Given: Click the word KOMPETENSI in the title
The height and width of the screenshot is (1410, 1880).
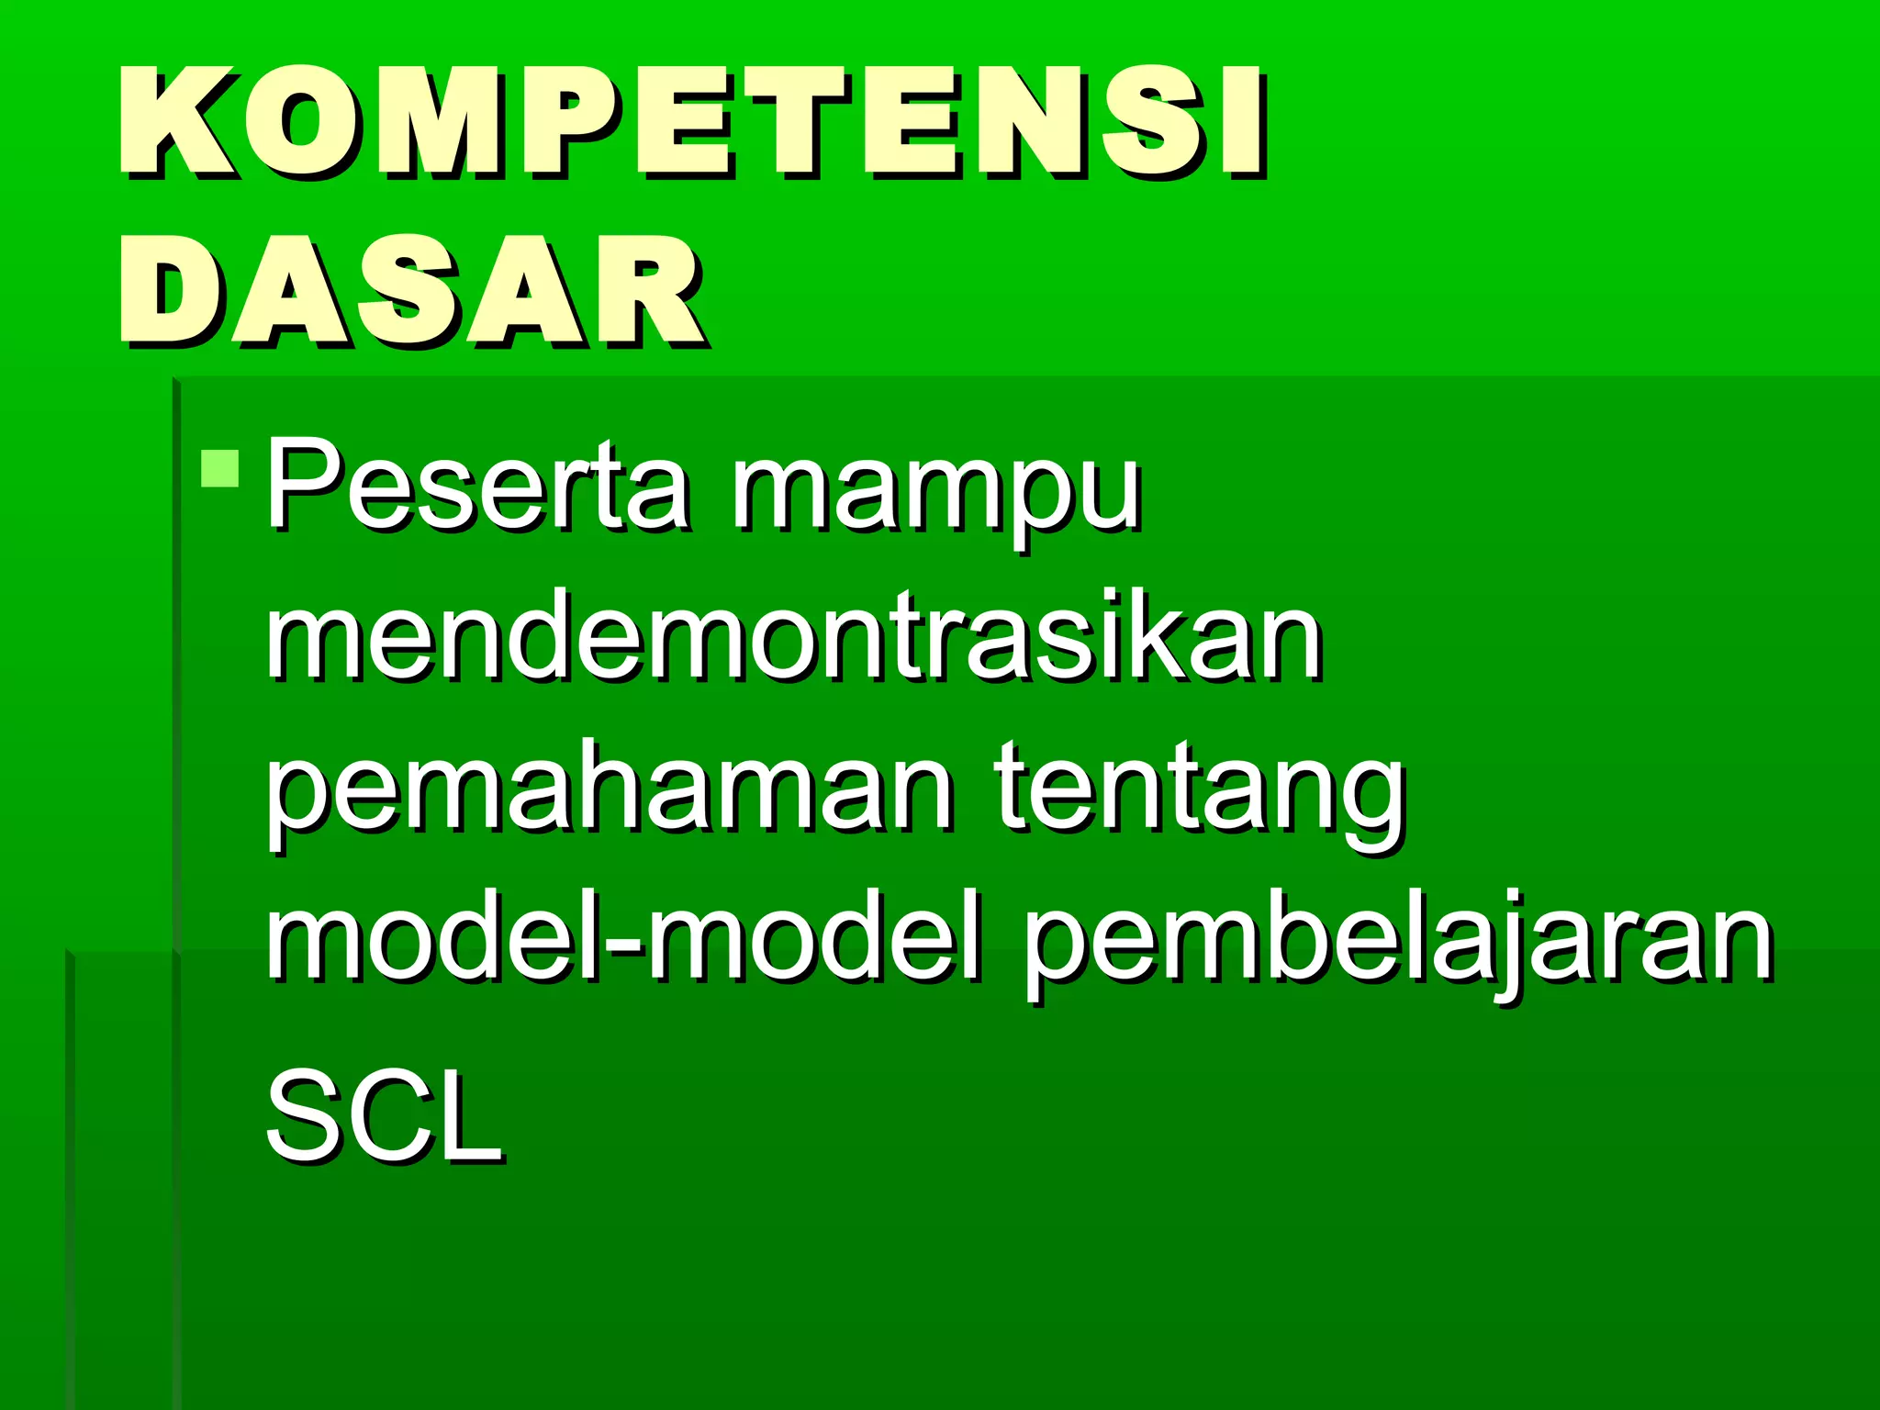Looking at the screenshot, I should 693,121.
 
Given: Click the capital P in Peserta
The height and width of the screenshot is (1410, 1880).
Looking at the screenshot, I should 303,484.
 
